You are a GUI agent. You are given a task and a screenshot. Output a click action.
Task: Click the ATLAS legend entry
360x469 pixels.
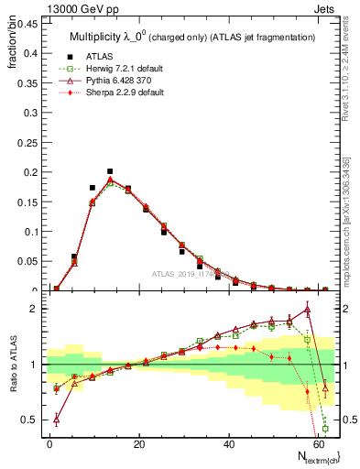(x=98, y=57)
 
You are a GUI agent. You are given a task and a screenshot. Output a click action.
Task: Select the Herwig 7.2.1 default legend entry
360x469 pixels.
(x=115, y=69)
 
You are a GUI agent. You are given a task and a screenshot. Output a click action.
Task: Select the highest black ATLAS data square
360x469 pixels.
(x=110, y=171)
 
